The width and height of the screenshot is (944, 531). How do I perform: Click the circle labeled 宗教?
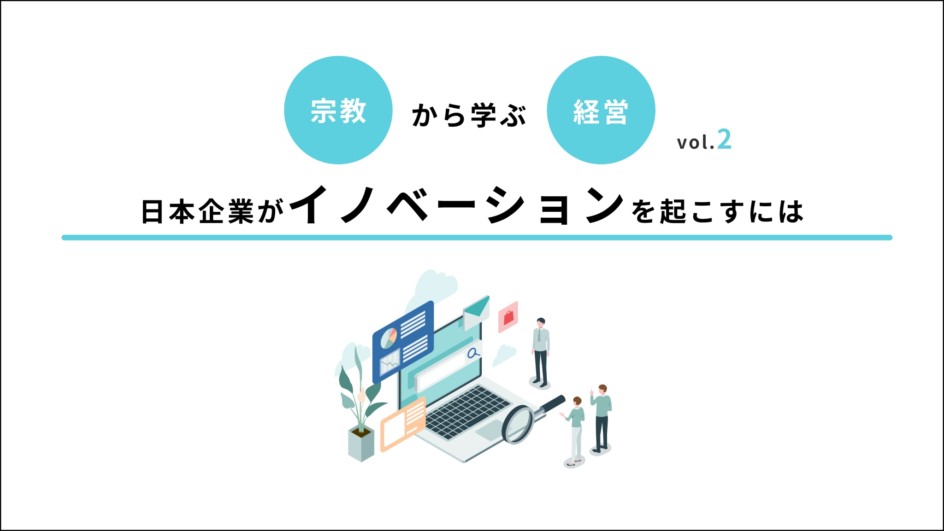pos(338,110)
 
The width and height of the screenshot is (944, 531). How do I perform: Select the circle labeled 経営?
pos(601,110)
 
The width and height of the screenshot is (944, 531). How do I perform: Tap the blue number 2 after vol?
pos(725,140)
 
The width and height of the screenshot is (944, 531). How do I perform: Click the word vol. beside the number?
pos(696,142)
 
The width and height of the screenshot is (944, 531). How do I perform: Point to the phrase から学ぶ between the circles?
pos(469,115)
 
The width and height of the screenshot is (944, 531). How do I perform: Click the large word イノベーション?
pos(456,205)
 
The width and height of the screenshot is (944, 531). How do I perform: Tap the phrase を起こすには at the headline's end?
pos(717,212)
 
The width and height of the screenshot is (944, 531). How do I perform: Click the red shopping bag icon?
pos(508,317)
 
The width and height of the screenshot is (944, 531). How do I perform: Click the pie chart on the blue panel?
pos(389,338)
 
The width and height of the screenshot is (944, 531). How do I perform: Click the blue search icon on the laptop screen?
pos(473,353)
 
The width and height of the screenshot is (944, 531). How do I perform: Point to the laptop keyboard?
pos(467,412)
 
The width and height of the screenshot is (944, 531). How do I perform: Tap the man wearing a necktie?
pos(541,352)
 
